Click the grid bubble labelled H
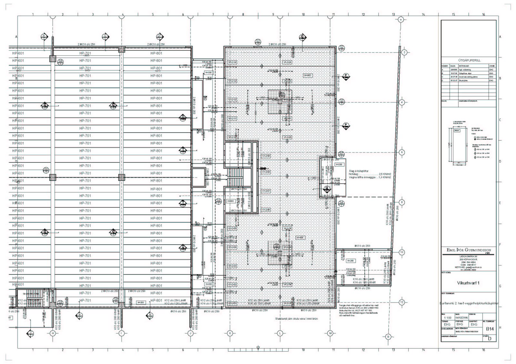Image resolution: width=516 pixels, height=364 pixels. coord(53,333)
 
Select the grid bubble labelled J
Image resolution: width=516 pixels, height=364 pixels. coord(190,333)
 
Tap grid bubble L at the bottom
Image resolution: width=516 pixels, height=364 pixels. coord(280,333)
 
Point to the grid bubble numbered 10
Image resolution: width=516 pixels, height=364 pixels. coord(402,252)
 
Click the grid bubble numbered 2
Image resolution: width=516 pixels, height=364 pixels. coord(404,52)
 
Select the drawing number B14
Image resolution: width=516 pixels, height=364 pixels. coord(490,329)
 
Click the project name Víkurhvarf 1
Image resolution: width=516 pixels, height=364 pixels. coord(468,283)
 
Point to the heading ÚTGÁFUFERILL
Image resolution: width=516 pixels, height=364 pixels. coord(469,60)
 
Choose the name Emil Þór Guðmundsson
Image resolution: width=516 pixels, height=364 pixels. coord(469,250)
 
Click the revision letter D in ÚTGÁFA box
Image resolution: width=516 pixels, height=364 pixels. coord(490,339)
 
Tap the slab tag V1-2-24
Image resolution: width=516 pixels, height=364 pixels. coord(287,62)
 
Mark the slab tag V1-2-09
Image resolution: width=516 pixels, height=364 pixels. coord(266,156)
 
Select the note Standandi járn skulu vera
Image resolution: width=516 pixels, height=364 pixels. coord(296,319)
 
